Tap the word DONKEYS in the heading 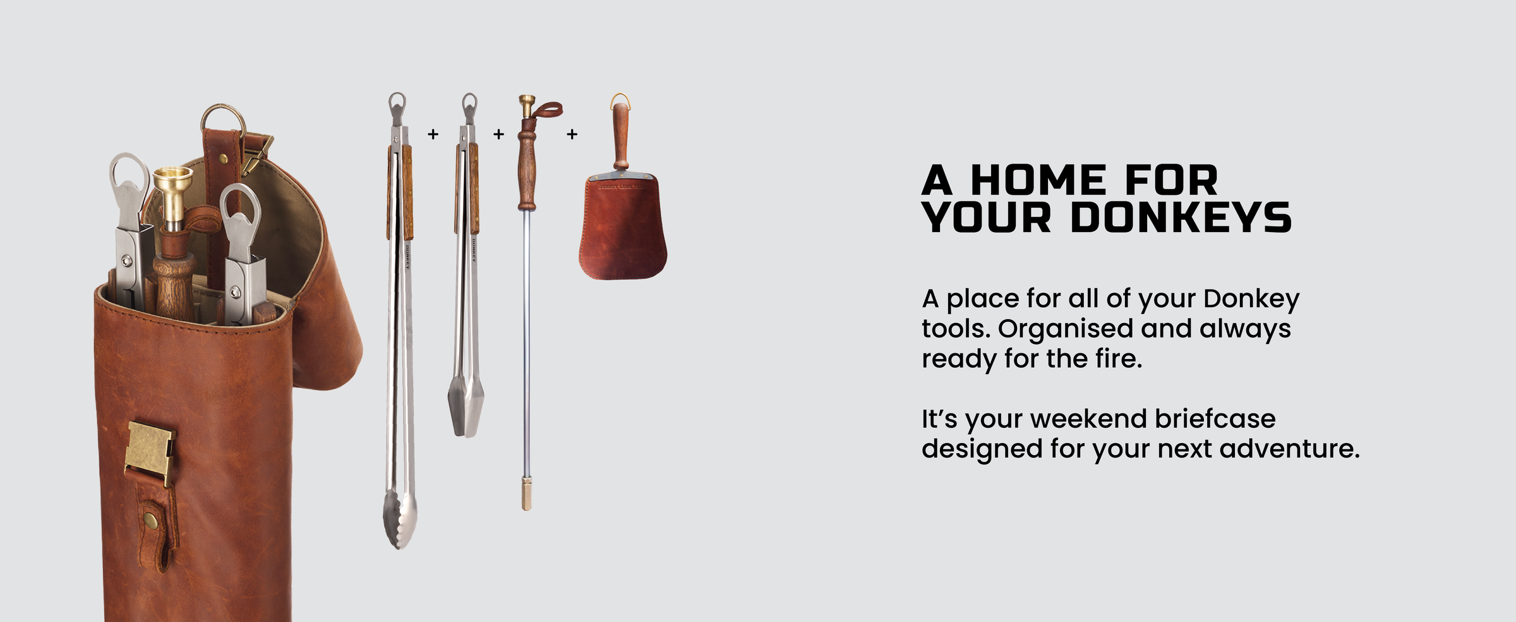click(1181, 217)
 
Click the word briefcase click(1215, 418)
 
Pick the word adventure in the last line click(1289, 449)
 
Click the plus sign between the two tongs click(433, 134)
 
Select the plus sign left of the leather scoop click(572, 134)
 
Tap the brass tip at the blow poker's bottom click(526, 494)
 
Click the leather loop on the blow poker click(546, 111)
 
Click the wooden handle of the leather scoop click(621, 136)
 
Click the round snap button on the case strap click(151, 520)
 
